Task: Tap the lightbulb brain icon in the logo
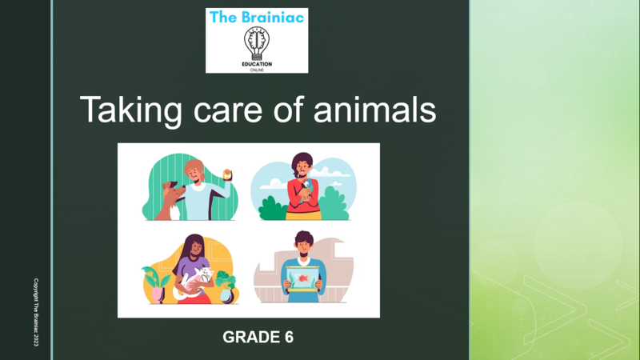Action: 257,44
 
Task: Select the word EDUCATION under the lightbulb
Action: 257,65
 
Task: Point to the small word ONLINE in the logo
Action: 257,70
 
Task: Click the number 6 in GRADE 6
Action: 288,338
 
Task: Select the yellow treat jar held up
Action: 228,172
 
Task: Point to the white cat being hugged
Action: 197,280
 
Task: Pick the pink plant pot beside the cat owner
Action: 159,294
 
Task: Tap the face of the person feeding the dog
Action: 194,170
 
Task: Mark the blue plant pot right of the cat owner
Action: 226,294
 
